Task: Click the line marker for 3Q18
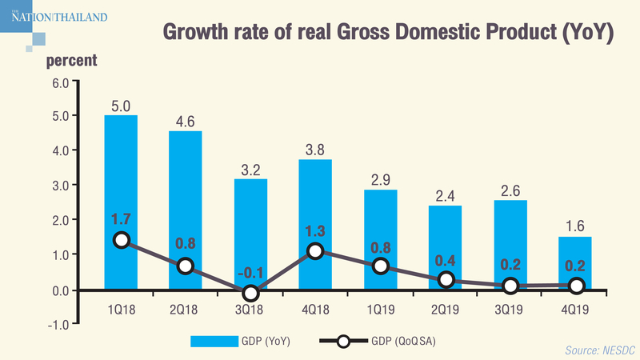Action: click(x=250, y=293)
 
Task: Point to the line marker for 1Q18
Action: click(x=121, y=240)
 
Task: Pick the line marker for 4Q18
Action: click(x=315, y=251)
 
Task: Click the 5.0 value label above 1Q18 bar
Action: click(x=121, y=104)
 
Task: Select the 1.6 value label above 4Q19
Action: click(x=574, y=225)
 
